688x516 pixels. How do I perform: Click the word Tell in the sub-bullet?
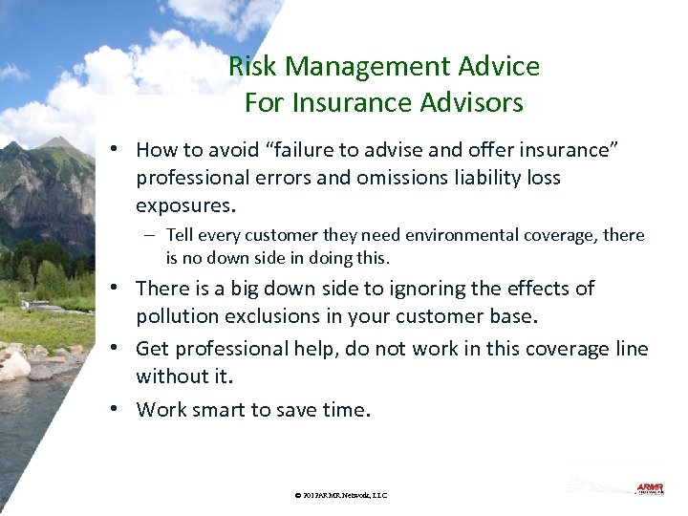coord(180,235)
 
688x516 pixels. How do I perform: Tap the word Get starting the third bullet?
coord(153,349)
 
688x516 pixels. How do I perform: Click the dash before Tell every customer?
coord(152,235)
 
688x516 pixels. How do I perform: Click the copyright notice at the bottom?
coord(341,495)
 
